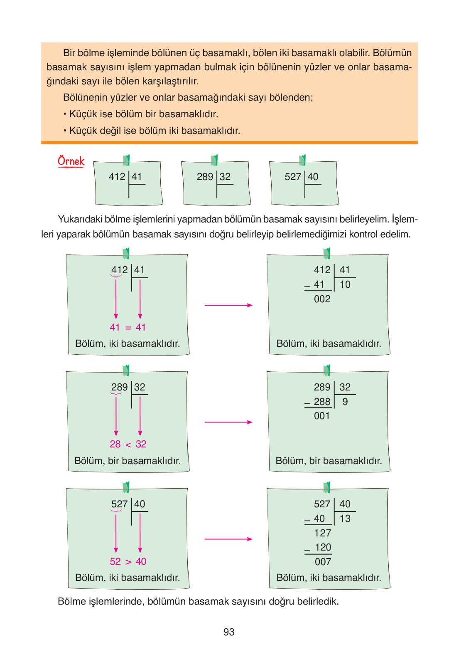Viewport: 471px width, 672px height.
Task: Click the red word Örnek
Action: pos(71,161)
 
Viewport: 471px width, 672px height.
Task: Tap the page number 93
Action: pos(229,632)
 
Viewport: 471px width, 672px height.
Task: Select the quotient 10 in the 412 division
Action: pos(345,285)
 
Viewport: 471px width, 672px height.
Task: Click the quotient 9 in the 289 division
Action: pos(345,402)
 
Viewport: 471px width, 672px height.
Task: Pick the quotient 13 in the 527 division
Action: pos(345,519)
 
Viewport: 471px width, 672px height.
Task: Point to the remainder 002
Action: pos(322,299)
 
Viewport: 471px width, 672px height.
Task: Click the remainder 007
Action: pos(323,562)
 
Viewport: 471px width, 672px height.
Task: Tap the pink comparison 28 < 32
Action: pos(128,444)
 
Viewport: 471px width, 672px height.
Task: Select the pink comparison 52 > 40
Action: pos(128,561)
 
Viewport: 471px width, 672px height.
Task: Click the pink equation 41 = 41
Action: pos(128,327)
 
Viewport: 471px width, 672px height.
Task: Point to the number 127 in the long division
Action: pos(323,533)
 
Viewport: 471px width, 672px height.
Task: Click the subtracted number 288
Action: pos(322,402)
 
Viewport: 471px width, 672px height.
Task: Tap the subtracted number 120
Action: pos(323,547)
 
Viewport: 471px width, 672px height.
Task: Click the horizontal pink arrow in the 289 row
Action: pos(228,422)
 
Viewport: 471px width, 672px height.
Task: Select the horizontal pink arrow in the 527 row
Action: pos(228,539)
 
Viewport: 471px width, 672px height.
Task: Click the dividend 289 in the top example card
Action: pos(205,177)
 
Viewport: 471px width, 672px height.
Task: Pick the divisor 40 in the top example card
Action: pos(313,177)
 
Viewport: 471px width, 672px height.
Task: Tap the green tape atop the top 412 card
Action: pos(127,160)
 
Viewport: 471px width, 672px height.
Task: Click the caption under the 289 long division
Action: pos(329,461)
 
